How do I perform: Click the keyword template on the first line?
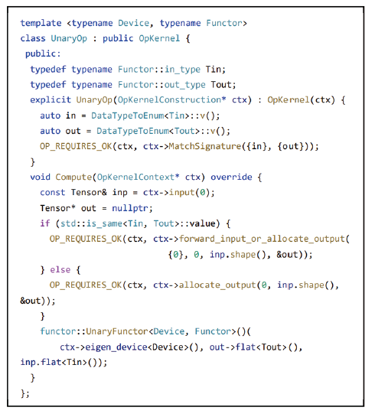click(41, 23)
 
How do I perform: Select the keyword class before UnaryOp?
click(33, 38)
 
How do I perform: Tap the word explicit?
click(51, 100)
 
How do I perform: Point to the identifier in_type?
click(182, 70)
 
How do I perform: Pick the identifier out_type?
click(185, 85)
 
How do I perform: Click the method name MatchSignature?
click(205, 146)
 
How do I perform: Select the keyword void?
click(40, 177)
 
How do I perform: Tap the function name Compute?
click(73, 177)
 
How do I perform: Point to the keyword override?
click(231, 177)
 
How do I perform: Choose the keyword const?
click(53, 193)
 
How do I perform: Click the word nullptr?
click(130, 208)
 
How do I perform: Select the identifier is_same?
click(105, 223)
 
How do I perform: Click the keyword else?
click(60, 270)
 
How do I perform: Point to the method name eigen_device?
click(116, 347)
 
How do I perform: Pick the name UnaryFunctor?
click(117, 331)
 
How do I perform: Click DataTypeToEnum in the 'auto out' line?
click(132, 131)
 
